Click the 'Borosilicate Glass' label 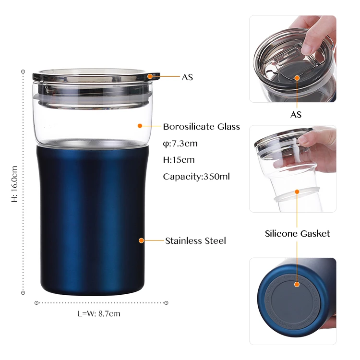[x=201, y=127]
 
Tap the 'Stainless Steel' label [x=195, y=240]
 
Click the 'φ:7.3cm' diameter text [x=180, y=144]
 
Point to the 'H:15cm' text [x=179, y=160]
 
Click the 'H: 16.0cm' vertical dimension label [x=14, y=184]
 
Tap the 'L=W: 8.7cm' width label [x=99, y=314]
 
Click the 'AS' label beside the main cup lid [x=187, y=77]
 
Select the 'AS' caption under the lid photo [x=296, y=115]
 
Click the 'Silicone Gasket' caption [x=297, y=234]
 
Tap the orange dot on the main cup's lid [x=150, y=76]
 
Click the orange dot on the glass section [x=140, y=126]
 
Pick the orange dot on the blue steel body [x=142, y=240]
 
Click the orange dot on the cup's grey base [x=297, y=284]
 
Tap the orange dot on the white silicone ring [x=297, y=192]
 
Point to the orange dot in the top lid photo [x=297, y=77]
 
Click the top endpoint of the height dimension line [x=23, y=72]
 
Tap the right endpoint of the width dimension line [x=167, y=302]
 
